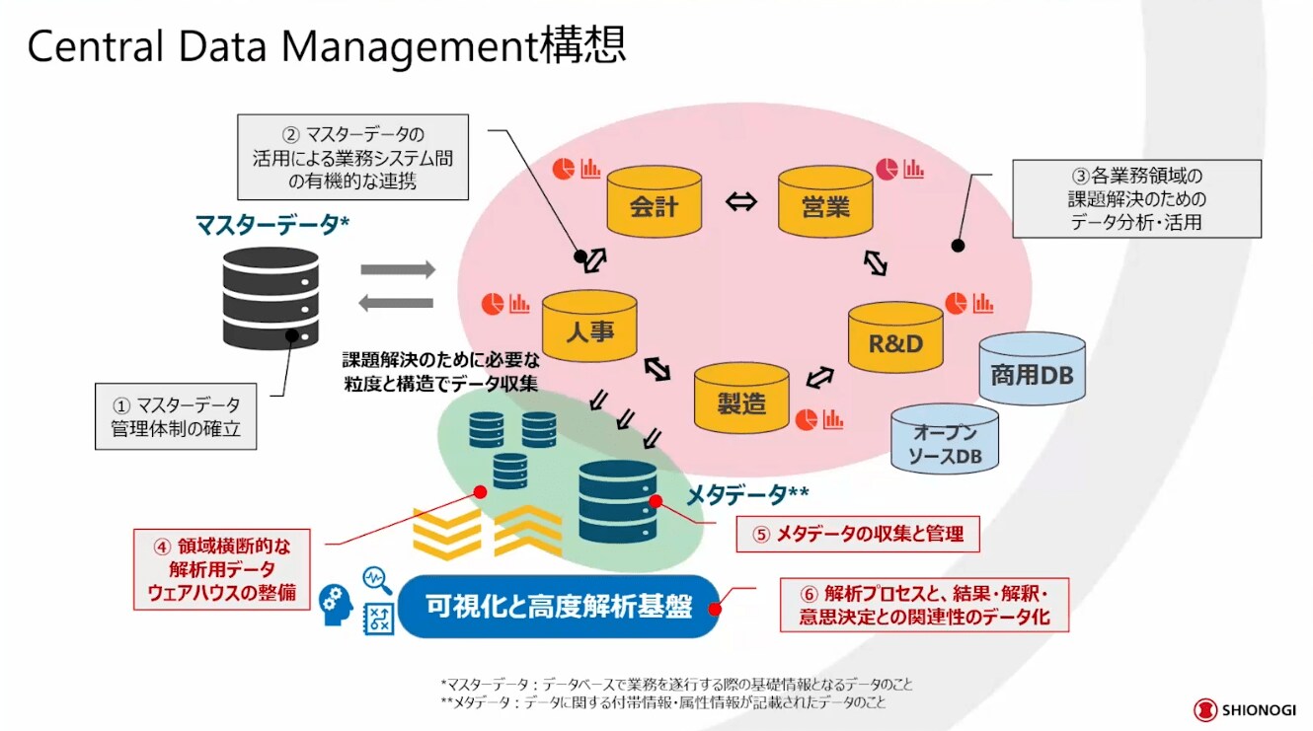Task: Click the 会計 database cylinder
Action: [x=654, y=203]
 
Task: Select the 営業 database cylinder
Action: [x=825, y=203]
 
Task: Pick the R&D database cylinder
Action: [x=896, y=341]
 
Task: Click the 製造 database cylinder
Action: [x=741, y=400]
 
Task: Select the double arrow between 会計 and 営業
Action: [x=740, y=202]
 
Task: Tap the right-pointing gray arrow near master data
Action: [x=397, y=269]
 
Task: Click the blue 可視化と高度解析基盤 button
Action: [x=559, y=606]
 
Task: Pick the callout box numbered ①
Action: [x=176, y=416]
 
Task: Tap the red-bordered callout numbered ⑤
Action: [x=856, y=535]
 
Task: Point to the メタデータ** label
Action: [x=747, y=492]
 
